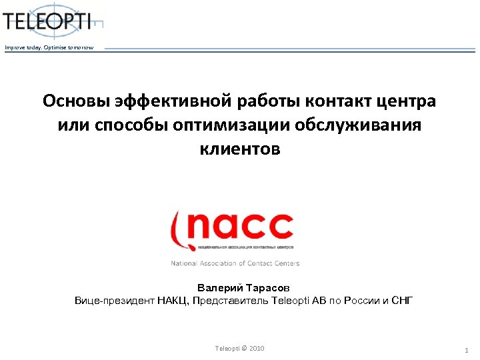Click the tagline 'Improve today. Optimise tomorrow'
tap(49, 48)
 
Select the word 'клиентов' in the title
tap(240, 149)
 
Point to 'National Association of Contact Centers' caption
tap(235, 263)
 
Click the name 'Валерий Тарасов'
tap(243, 288)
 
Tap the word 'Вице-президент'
tap(114, 301)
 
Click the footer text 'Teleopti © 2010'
tap(239, 349)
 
